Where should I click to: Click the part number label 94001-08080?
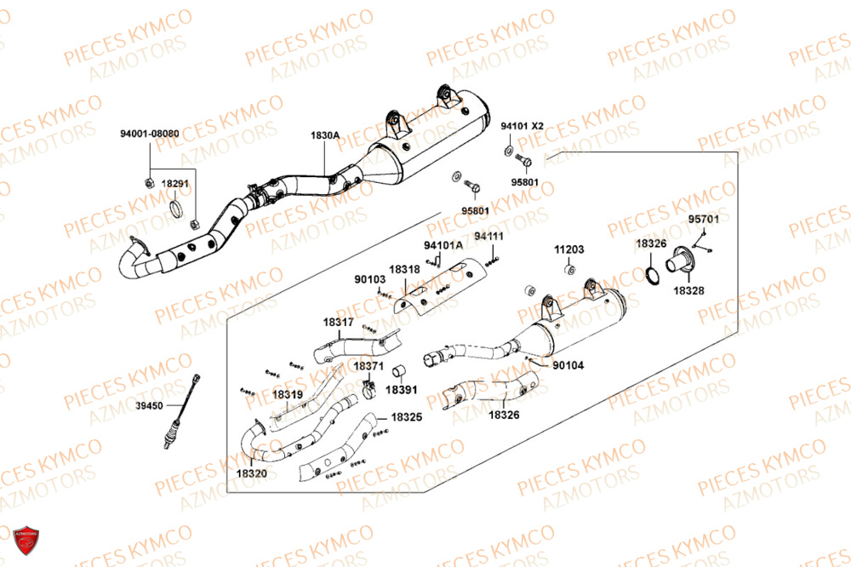pos(149,135)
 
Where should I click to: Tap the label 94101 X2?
pos(522,126)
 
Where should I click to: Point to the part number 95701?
pos(704,219)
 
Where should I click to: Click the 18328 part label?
pos(688,290)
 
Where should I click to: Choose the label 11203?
pos(569,250)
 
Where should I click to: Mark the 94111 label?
pos(489,236)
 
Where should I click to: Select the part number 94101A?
pos(443,246)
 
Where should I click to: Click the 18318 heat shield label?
pos(404,269)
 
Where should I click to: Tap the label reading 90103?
pos(370,278)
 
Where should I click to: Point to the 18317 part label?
pos(338,323)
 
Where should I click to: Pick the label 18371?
pos(368,365)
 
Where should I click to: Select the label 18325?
pos(407,418)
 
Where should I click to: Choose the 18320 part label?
pos(251,472)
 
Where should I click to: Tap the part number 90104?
pos(568,365)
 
